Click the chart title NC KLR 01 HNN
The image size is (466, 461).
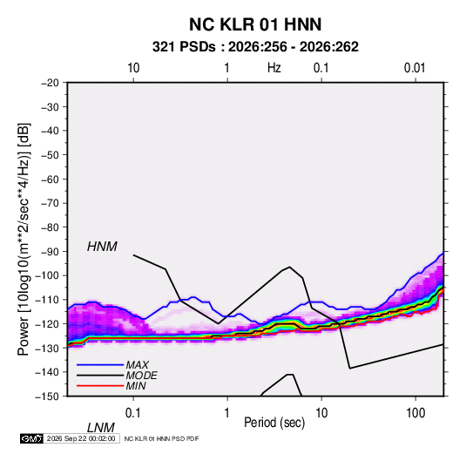coord(255,24)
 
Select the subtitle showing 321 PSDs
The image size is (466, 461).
coord(255,47)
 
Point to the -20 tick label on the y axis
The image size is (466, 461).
coord(50,83)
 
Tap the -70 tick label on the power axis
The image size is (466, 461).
coord(50,203)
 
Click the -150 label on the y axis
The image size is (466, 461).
coord(47,397)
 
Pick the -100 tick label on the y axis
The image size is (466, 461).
coord(47,275)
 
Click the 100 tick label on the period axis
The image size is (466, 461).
coord(415,413)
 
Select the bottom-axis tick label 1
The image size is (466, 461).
coord(227,413)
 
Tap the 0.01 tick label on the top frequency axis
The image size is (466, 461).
coord(415,68)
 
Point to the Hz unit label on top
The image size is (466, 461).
coord(274,68)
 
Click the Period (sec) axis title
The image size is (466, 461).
coord(274,423)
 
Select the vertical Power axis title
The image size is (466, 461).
coord(24,240)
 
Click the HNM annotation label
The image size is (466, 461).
coord(102,247)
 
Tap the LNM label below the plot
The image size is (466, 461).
coord(100,428)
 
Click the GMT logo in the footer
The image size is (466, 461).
coord(31,438)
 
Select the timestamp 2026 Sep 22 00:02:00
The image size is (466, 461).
coord(81,438)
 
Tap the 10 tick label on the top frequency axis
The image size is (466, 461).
coord(133,68)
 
